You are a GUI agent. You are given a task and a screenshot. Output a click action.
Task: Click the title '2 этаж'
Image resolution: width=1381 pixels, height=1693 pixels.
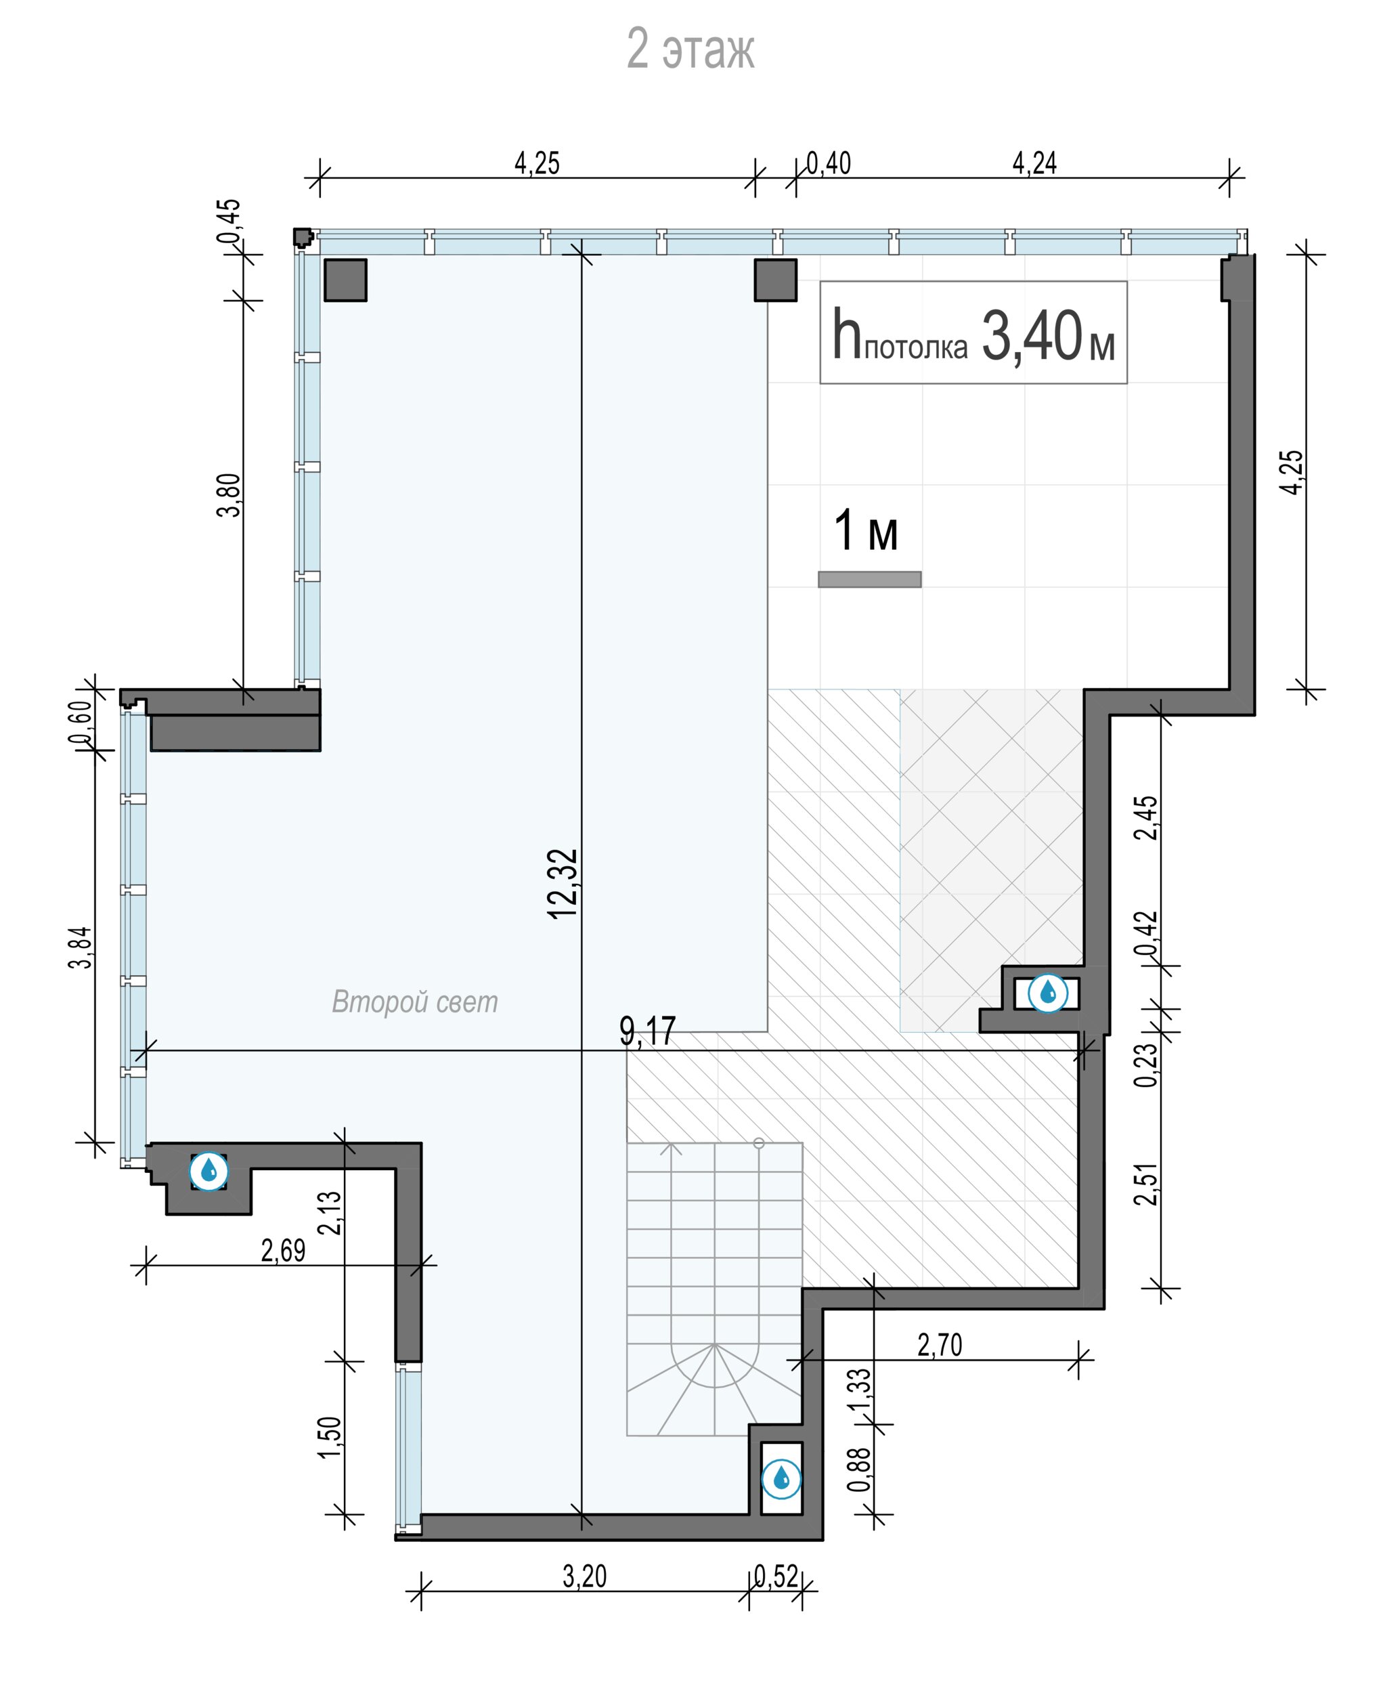pyautogui.click(x=690, y=49)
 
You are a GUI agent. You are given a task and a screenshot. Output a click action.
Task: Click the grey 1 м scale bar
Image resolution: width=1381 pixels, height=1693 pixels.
pyautogui.click(x=869, y=580)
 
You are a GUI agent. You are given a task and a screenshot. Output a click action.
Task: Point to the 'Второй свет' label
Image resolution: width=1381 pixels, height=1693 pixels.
pyautogui.click(x=414, y=1002)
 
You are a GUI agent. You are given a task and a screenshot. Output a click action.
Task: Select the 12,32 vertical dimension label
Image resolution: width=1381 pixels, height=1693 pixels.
pyautogui.click(x=563, y=884)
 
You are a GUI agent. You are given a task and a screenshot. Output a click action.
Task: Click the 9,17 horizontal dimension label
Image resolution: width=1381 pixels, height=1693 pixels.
pyautogui.click(x=648, y=1032)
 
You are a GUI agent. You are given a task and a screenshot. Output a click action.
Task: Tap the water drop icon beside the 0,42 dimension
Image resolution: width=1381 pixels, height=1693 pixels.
pyautogui.click(x=1048, y=993)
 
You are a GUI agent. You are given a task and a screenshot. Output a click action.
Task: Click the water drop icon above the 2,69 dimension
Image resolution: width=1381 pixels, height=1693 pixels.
pyautogui.click(x=209, y=1171)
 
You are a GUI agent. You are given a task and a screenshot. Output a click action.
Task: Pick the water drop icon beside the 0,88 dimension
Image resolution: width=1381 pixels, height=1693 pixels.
pyautogui.click(x=781, y=1479)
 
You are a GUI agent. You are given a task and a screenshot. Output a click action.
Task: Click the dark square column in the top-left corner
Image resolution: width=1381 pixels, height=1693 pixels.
pyautogui.click(x=345, y=280)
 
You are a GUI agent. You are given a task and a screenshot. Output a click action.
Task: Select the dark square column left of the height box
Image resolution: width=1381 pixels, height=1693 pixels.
pyautogui.click(x=776, y=280)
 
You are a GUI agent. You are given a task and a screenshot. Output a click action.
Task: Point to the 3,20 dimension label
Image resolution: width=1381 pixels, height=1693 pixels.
pyautogui.click(x=585, y=1577)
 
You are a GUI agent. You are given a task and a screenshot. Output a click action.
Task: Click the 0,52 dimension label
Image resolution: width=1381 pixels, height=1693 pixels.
pyautogui.click(x=776, y=1577)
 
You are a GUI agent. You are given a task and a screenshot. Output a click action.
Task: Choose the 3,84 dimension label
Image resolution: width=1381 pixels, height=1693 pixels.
pyautogui.click(x=81, y=947)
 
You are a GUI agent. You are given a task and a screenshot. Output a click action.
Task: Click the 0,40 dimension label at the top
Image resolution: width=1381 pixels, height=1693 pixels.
pyautogui.click(x=828, y=163)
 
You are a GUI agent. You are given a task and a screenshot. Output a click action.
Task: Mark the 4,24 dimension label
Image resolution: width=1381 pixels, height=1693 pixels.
pyautogui.click(x=1034, y=163)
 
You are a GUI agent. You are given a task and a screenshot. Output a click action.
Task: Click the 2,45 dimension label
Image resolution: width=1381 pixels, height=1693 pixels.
pyautogui.click(x=1146, y=818)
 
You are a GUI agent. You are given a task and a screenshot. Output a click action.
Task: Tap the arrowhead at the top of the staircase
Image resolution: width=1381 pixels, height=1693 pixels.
pyautogui.click(x=672, y=1148)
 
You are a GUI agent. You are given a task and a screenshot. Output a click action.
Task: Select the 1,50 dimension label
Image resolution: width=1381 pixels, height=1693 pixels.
pyautogui.click(x=329, y=1438)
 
